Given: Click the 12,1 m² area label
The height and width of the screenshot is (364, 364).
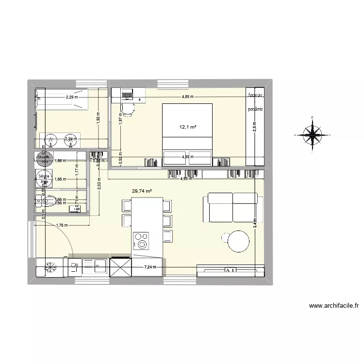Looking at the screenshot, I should click(187, 128).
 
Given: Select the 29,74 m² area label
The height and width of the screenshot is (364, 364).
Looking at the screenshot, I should click(142, 191).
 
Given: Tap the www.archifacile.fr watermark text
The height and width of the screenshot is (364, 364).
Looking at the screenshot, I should click(332, 306).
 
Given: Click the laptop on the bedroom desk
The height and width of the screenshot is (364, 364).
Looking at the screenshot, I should click(128, 92).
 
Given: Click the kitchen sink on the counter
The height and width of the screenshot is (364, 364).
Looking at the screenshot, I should click(100, 265).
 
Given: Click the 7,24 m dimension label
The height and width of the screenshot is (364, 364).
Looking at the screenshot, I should click(151, 267).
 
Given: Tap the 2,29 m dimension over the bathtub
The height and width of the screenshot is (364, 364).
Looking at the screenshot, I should click(71, 97).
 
